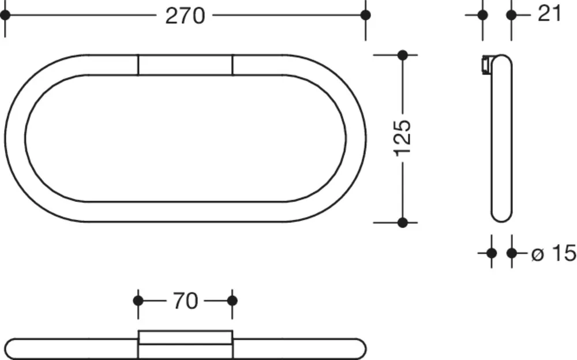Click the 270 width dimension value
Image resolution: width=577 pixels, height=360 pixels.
[185, 16]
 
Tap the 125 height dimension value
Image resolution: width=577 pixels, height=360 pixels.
[403, 138]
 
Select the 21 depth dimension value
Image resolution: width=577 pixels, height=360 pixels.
[549, 14]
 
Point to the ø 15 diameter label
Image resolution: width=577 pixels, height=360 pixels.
[554, 253]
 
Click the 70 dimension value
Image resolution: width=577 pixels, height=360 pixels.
[185, 301]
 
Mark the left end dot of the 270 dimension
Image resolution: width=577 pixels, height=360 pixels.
[5, 15]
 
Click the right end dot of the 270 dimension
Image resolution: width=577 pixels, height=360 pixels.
[365, 15]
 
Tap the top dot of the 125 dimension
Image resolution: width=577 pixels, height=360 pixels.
[403, 55]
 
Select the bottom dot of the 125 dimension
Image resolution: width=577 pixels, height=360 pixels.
[403, 222]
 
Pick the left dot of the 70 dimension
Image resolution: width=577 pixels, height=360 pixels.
[138, 301]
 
